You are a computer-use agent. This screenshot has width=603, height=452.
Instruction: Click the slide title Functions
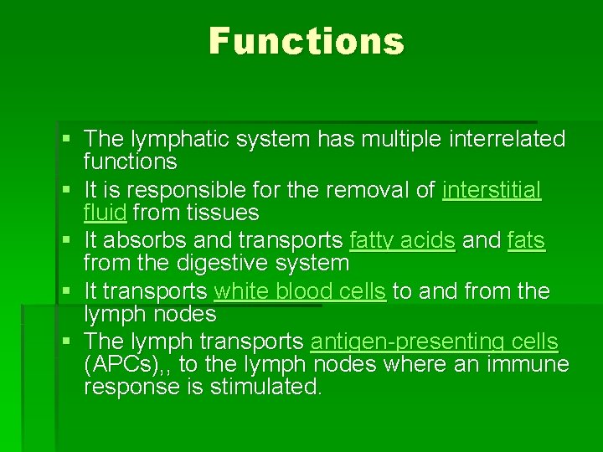(x=307, y=41)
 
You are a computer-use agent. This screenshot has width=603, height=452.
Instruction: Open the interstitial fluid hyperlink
(x=491, y=191)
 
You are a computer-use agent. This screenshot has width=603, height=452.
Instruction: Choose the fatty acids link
(x=401, y=241)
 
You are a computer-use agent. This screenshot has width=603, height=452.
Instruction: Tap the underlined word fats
(x=526, y=241)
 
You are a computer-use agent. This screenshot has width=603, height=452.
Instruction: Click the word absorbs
(x=145, y=241)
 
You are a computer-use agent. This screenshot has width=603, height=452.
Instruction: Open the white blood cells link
(x=300, y=291)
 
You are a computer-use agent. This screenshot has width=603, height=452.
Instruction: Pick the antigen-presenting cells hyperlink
(x=434, y=342)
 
